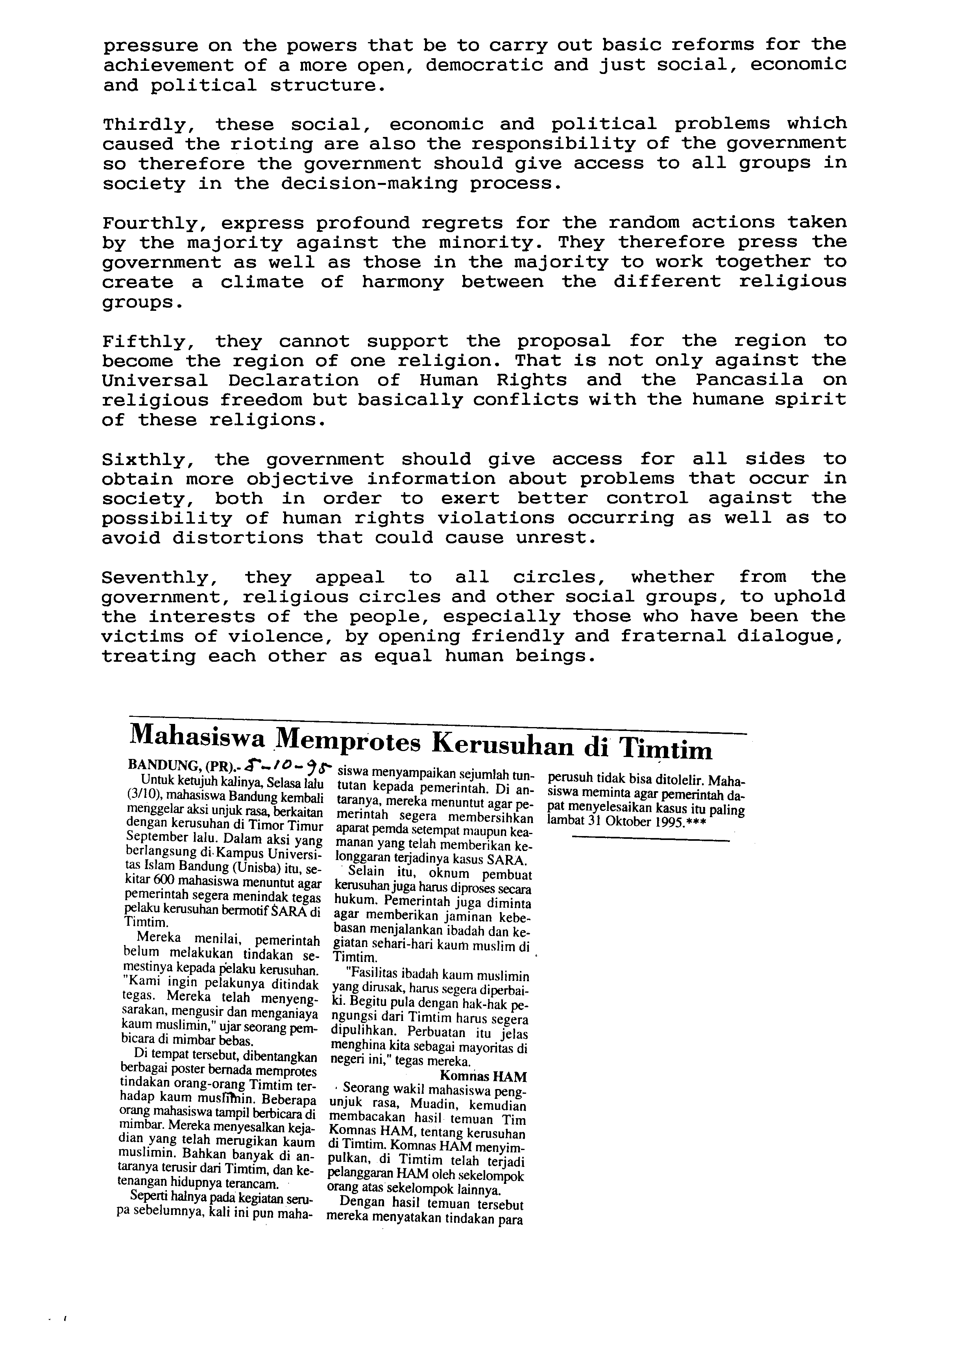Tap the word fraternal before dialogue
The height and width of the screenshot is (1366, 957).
[672, 637]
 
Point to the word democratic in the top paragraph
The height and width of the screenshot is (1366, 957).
[483, 65]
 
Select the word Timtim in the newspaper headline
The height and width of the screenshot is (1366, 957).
[666, 748]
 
